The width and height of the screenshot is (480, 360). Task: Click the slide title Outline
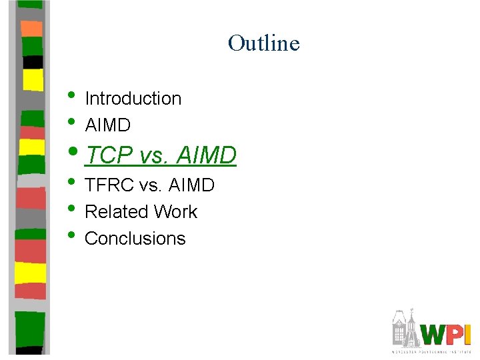point(263,43)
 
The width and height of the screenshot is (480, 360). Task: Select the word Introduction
point(133,99)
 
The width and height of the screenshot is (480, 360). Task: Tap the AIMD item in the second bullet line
point(107,125)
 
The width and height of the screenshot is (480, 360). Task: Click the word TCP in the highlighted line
point(111,155)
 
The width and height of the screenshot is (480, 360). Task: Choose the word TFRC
point(109,185)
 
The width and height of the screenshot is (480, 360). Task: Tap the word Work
point(175,212)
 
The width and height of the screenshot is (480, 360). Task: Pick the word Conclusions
point(135,239)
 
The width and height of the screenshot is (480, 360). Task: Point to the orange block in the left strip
point(31,28)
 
